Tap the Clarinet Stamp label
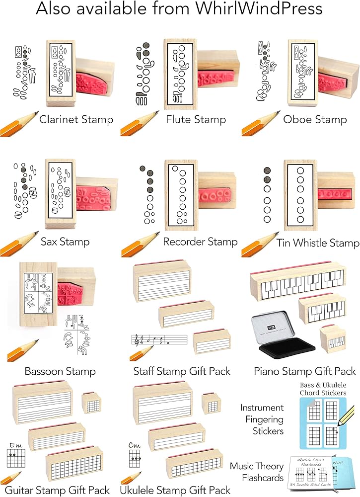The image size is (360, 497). (x=76, y=119)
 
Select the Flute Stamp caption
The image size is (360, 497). (x=196, y=119)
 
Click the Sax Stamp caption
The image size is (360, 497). (x=66, y=242)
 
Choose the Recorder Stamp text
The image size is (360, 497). (x=200, y=242)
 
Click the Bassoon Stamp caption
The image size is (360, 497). (x=60, y=371)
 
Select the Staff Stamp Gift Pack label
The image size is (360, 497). (x=182, y=371)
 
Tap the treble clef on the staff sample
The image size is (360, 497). (x=135, y=340)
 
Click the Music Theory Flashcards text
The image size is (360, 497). (x=257, y=472)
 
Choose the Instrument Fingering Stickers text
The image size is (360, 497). (x=262, y=419)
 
